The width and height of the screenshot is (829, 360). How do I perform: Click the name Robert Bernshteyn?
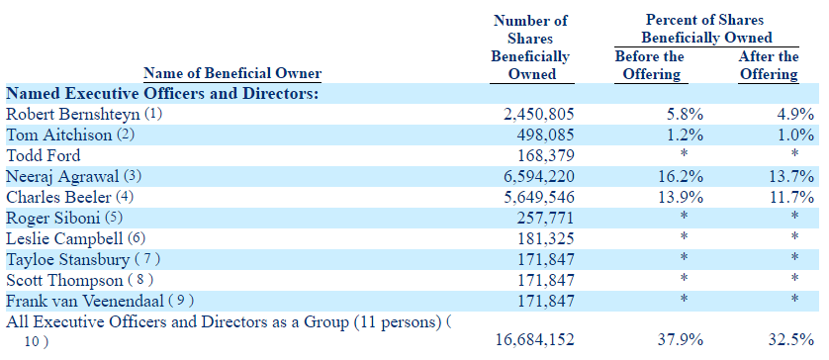pyautogui.click(x=72, y=115)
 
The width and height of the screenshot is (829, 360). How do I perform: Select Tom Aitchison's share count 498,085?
pyautogui.click(x=545, y=135)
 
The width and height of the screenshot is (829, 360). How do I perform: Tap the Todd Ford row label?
pyautogui.click(x=43, y=155)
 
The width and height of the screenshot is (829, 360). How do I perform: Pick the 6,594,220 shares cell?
pyautogui.click(x=535, y=177)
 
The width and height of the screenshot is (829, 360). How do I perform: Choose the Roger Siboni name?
pyautogui.click(x=53, y=218)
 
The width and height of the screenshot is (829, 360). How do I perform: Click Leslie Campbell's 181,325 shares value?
pyautogui.click(x=545, y=238)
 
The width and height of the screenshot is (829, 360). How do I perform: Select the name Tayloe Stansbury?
pyautogui.click(x=67, y=259)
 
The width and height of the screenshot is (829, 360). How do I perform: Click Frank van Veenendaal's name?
pyautogui.click(x=85, y=301)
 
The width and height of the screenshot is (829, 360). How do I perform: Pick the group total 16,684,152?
pyautogui.click(x=535, y=339)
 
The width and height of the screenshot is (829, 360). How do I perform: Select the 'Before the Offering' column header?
pyautogui.click(x=650, y=65)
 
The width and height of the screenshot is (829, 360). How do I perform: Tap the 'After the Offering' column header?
pyautogui.click(x=769, y=65)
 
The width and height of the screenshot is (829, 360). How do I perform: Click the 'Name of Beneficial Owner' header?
pyautogui.click(x=232, y=73)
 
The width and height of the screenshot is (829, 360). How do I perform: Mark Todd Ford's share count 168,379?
pyautogui.click(x=545, y=155)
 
